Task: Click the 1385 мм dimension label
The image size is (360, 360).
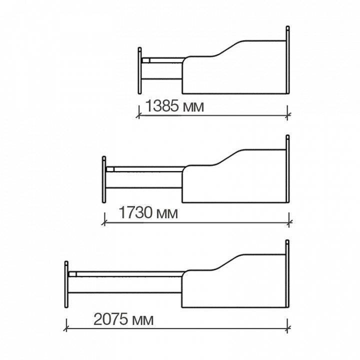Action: [x=174, y=106]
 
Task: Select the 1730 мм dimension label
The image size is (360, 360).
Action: [x=148, y=212]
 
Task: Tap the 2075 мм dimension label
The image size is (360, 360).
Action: [x=123, y=319]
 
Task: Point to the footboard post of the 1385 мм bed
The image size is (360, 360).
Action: [x=139, y=70]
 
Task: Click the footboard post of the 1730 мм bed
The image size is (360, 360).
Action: [x=104, y=179]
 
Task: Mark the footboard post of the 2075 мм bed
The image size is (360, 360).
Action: [x=66, y=284]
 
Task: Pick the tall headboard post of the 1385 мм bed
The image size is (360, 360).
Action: [x=287, y=59]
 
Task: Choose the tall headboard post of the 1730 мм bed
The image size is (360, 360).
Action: [x=287, y=169]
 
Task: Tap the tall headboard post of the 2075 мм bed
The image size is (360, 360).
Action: [x=287, y=273]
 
